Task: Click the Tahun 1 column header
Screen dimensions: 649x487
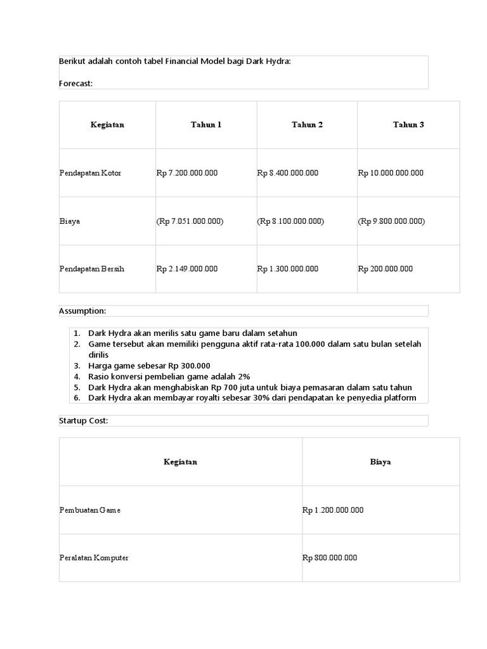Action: tap(206, 125)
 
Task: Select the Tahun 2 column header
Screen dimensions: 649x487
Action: tap(307, 125)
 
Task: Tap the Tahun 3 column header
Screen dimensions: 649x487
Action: tap(408, 125)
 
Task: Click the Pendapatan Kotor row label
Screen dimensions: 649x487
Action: tap(90, 173)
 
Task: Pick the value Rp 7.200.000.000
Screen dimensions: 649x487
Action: tap(187, 173)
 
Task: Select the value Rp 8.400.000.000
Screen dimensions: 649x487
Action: tap(288, 173)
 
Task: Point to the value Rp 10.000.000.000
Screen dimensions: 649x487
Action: tap(391, 173)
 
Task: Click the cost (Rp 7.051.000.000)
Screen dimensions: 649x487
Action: tap(190, 221)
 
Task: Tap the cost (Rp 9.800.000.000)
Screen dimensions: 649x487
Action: tap(391, 221)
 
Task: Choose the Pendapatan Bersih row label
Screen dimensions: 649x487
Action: tap(91, 269)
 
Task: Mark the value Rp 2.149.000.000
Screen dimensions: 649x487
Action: tap(187, 269)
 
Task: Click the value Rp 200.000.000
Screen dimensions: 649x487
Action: tap(386, 269)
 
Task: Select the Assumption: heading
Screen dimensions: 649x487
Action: tap(82, 311)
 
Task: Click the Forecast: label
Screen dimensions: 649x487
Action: tap(76, 83)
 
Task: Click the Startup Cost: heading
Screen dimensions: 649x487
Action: tap(84, 421)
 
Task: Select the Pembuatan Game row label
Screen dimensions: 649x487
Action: tap(89, 510)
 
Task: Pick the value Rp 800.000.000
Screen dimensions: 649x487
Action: tap(330, 558)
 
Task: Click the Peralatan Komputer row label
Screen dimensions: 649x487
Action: tap(93, 558)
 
